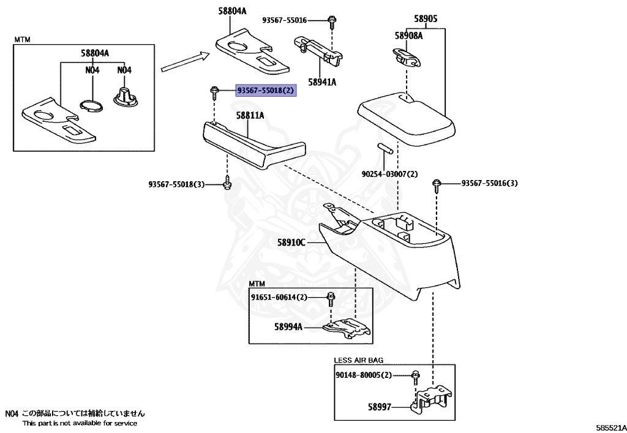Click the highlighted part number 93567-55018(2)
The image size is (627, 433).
click(265, 91)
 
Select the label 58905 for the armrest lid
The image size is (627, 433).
click(425, 19)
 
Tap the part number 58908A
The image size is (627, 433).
click(408, 36)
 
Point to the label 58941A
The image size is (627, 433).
click(322, 81)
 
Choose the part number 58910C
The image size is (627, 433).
click(291, 243)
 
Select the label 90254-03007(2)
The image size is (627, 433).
click(389, 174)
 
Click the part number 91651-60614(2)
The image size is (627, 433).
click(279, 297)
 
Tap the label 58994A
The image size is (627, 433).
click(288, 327)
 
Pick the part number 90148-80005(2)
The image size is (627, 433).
click(363, 375)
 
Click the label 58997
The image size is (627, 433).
click(380, 405)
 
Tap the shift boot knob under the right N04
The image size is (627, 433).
click(125, 97)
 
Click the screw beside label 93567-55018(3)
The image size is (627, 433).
click(227, 184)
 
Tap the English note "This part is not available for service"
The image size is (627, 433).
click(80, 423)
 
